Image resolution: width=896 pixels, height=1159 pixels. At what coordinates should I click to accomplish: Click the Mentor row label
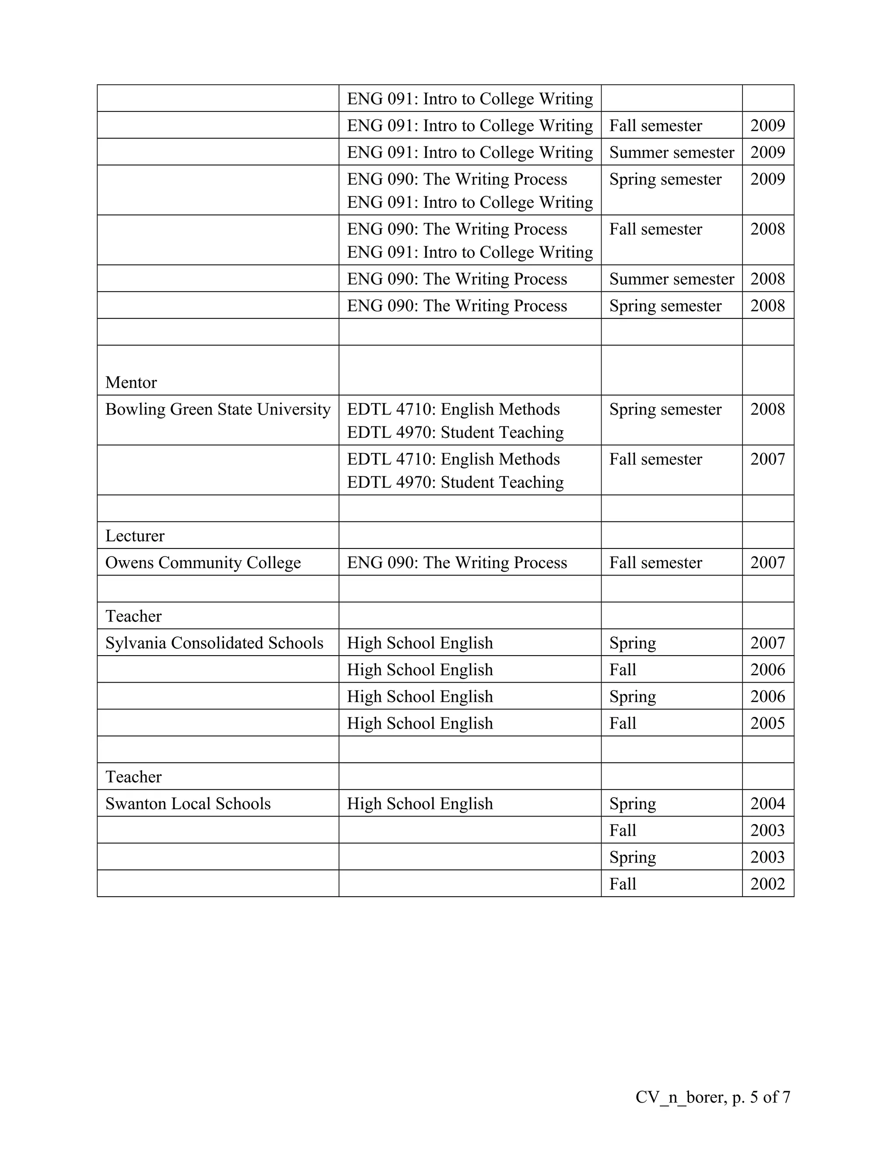click(x=131, y=382)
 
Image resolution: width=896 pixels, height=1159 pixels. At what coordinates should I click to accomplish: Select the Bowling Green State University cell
click(x=217, y=409)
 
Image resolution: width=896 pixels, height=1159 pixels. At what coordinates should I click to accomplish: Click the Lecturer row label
click(x=135, y=535)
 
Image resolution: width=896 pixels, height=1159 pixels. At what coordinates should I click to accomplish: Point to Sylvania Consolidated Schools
click(x=214, y=642)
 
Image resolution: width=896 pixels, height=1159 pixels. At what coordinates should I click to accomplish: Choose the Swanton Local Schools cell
click(x=188, y=803)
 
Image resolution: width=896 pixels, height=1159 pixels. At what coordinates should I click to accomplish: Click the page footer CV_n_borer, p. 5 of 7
click(x=712, y=1097)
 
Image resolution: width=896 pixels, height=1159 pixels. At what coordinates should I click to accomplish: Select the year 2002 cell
click(x=767, y=883)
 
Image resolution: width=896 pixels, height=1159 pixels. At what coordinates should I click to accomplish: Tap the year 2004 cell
click(x=767, y=803)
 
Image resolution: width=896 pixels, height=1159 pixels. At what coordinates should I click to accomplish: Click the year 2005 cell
click(x=767, y=723)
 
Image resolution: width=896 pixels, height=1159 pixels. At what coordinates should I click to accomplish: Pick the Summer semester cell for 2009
click(x=672, y=152)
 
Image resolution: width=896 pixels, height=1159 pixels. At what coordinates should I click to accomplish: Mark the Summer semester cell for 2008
click(x=672, y=279)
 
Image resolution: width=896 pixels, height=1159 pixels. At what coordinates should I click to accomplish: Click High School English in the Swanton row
click(x=420, y=803)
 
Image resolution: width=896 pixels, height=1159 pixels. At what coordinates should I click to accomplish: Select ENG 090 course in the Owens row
click(x=457, y=562)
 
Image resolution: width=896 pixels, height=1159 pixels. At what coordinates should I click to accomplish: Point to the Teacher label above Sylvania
click(x=133, y=616)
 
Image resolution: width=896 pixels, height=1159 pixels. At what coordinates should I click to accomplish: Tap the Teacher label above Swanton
click(x=133, y=777)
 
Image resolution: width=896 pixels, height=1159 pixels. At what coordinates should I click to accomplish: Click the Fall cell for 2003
click(x=623, y=830)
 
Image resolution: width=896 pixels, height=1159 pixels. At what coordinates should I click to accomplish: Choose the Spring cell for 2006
click(x=632, y=696)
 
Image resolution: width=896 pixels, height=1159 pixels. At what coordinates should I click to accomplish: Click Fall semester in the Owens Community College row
click(x=655, y=562)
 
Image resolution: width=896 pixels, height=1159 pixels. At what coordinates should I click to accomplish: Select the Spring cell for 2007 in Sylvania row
click(x=632, y=642)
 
